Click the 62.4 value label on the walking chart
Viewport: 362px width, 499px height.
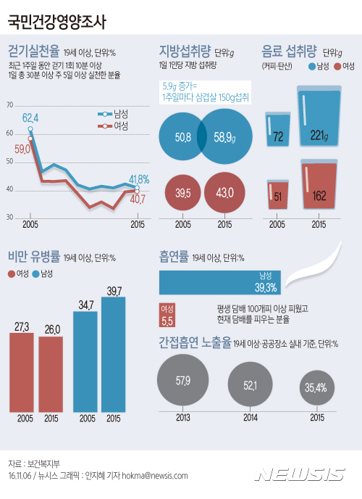[x=30, y=117]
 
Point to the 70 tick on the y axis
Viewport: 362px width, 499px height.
[x=9, y=106]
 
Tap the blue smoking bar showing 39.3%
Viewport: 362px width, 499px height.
[x=220, y=283]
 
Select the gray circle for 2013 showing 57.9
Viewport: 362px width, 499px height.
[x=182, y=380]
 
